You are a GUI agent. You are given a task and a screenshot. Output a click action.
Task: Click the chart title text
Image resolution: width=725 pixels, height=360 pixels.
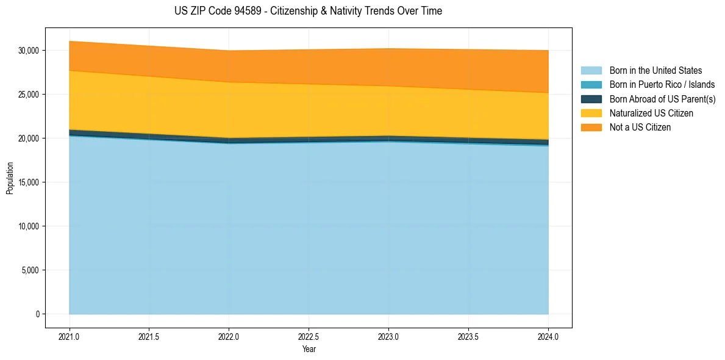(x=308, y=11)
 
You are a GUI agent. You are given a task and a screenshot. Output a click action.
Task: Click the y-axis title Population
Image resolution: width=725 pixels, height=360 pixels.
(x=10, y=178)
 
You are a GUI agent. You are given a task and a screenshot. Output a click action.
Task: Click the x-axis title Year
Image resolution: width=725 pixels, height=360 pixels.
(x=309, y=350)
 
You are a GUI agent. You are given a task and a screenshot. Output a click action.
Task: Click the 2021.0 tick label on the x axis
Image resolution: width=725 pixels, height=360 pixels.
(x=69, y=336)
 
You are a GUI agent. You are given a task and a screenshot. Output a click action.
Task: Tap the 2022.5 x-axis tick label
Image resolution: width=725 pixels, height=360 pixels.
(x=309, y=336)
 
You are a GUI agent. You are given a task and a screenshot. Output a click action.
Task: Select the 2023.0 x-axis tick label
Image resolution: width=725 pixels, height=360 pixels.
(x=388, y=336)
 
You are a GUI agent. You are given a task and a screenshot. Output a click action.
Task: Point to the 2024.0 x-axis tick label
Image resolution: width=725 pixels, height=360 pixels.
(x=548, y=336)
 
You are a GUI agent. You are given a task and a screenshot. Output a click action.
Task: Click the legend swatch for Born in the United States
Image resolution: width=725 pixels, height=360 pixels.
(x=591, y=71)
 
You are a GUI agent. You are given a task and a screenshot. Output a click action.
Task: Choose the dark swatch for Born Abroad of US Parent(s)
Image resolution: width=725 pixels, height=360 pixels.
(x=591, y=99)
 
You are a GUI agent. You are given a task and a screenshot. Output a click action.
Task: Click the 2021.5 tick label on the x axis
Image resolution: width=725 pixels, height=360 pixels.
(x=149, y=336)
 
